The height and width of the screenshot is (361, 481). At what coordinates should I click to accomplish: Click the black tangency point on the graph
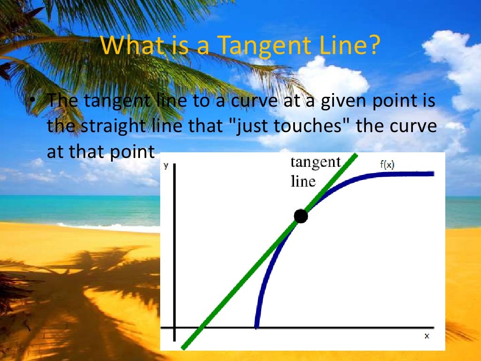click(x=301, y=216)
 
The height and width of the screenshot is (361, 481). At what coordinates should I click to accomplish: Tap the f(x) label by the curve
click(x=387, y=165)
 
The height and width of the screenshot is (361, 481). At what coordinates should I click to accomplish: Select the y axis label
click(x=166, y=165)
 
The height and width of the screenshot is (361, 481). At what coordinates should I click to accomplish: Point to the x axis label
click(x=427, y=336)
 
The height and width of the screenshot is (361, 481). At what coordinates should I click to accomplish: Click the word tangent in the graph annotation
click(x=316, y=162)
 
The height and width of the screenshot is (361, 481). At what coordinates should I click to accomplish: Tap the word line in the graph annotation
click(x=303, y=181)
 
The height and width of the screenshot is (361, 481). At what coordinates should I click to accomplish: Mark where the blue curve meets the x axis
click(x=256, y=327)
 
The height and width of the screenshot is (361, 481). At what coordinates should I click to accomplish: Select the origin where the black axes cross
click(x=174, y=327)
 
